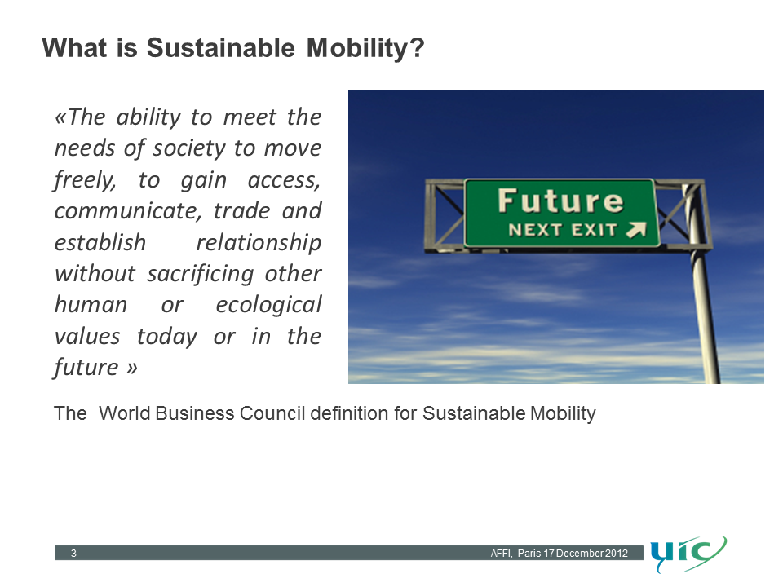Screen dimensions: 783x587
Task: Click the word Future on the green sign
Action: [561, 201]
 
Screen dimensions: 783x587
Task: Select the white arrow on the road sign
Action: [636, 230]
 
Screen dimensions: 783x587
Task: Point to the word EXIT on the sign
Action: [595, 230]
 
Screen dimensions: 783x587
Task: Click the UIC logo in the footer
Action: [688, 554]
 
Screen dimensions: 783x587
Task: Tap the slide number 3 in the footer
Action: [73, 553]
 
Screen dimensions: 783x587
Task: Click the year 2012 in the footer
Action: [617, 553]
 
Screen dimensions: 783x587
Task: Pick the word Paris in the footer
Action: [529, 553]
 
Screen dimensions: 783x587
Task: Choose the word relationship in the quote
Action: [259, 243]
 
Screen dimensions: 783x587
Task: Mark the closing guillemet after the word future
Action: [131, 369]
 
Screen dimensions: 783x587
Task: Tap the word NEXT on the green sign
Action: [535, 230]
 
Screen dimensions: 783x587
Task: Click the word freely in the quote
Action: [85, 180]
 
